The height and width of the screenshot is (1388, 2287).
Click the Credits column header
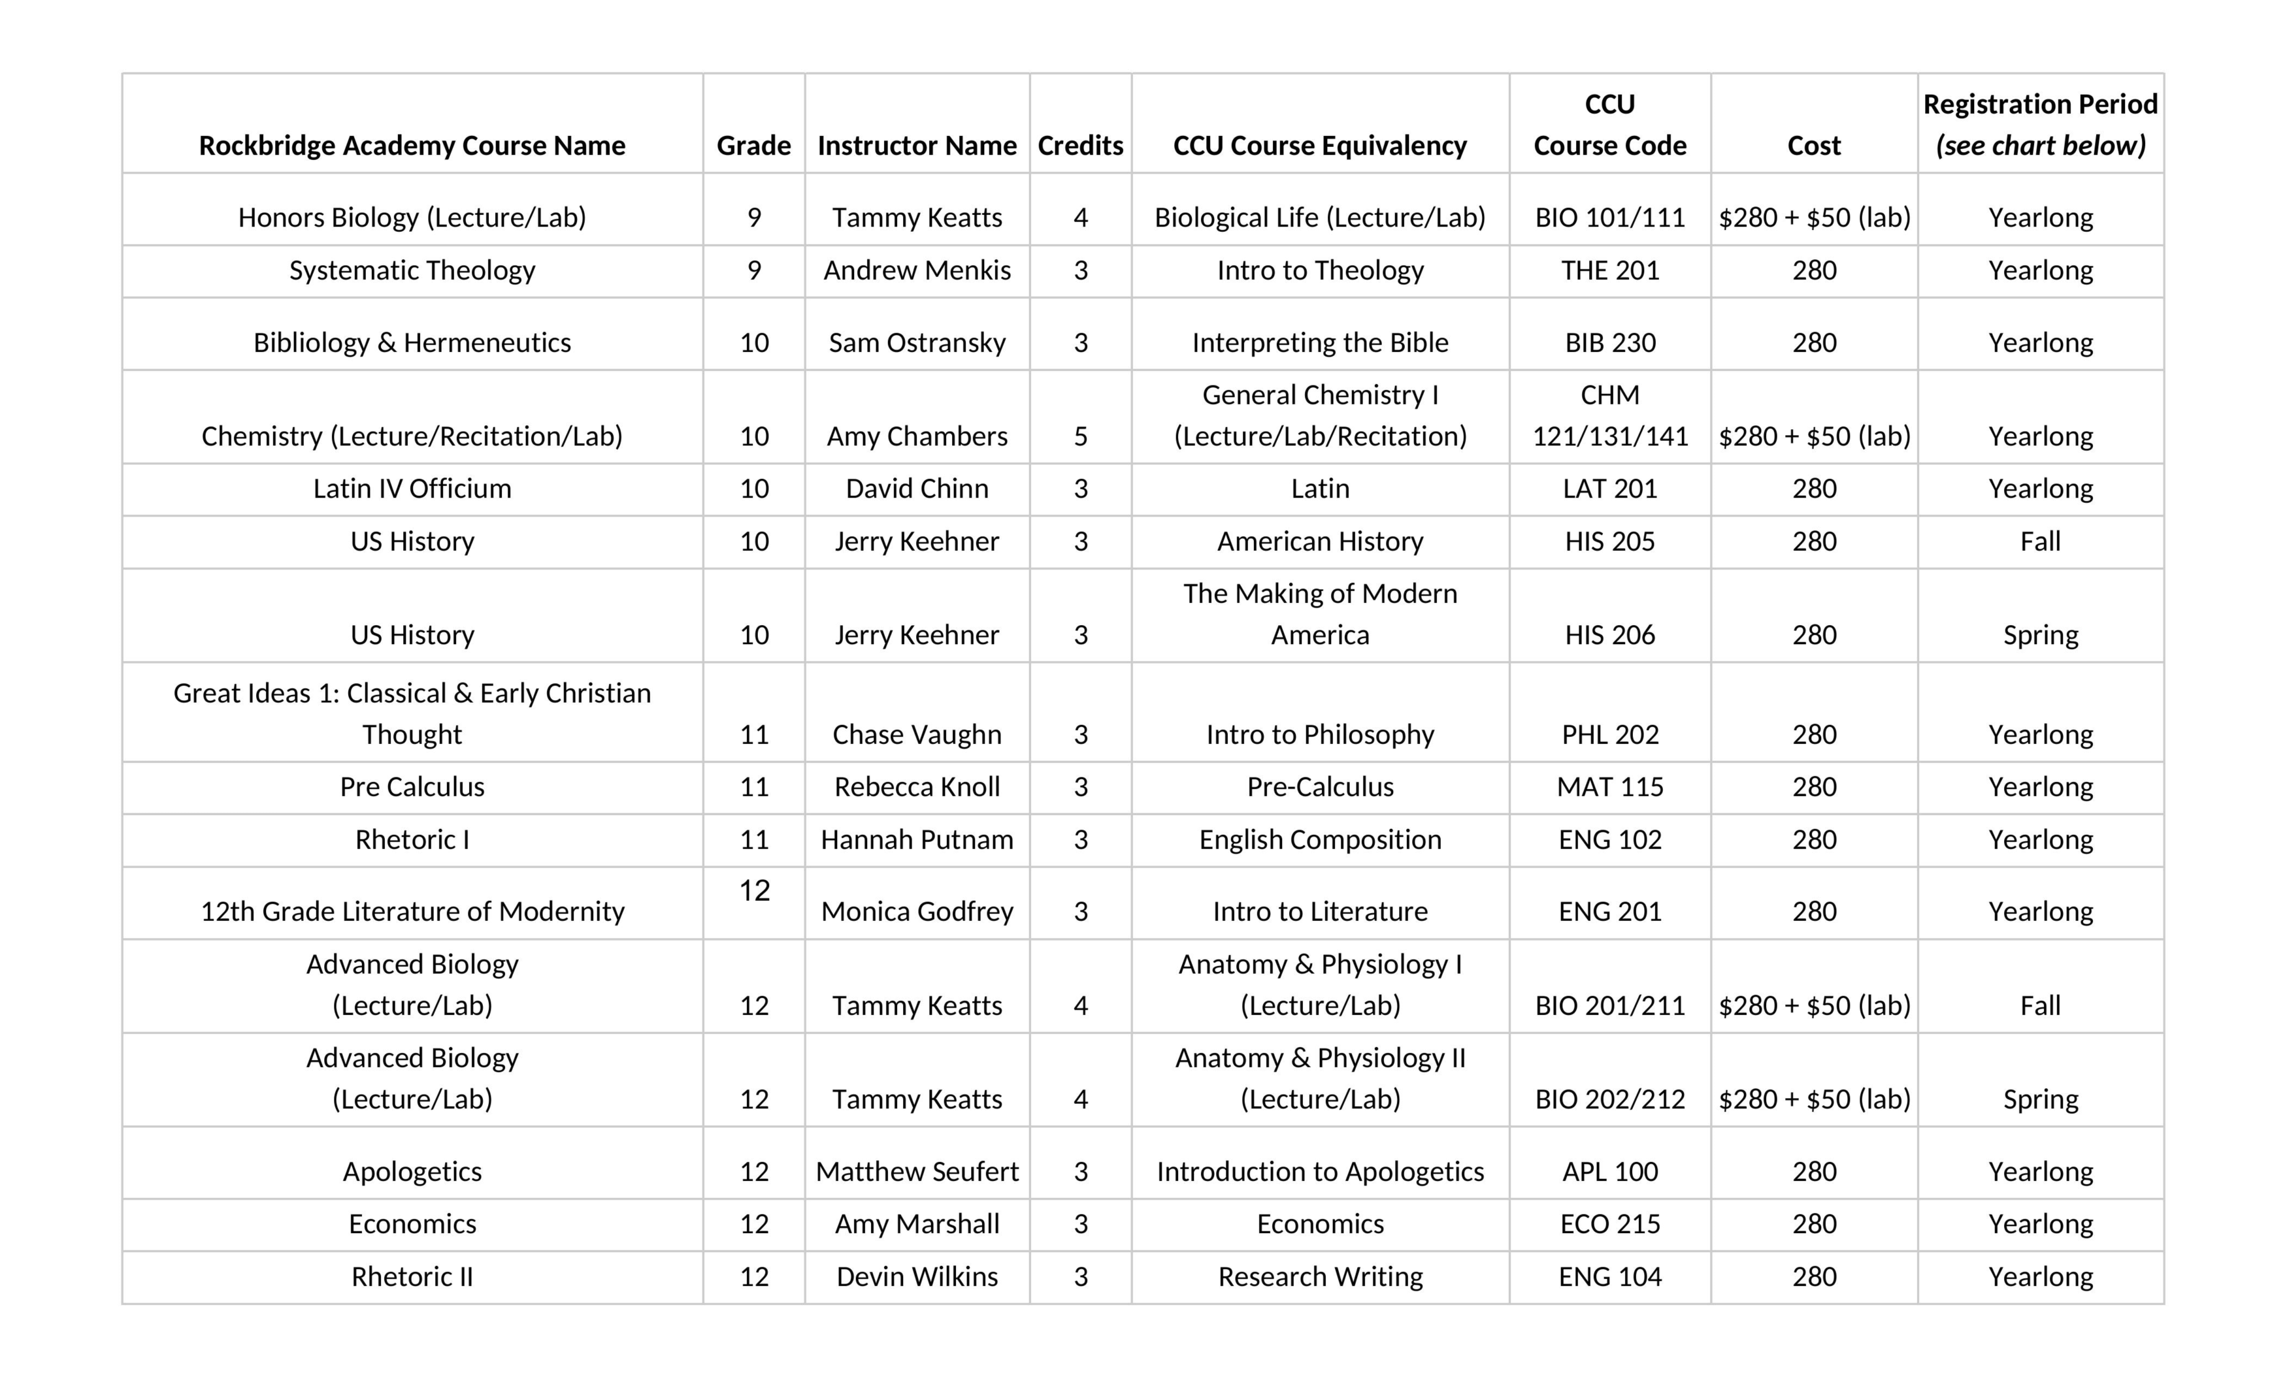(x=1080, y=146)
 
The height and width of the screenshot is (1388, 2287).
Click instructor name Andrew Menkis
(x=917, y=270)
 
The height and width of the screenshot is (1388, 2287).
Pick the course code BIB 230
(x=1609, y=342)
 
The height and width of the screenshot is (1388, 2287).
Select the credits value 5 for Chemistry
(x=1080, y=436)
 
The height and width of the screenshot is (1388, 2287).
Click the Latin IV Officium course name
(x=412, y=489)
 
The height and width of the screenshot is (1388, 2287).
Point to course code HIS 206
(x=1609, y=635)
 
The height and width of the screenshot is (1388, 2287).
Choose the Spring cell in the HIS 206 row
(x=2040, y=635)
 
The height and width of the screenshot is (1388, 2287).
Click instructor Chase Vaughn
(x=917, y=734)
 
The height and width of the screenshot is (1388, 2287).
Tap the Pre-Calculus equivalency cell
(x=1320, y=787)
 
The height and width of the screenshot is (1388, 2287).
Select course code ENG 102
(x=1609, y=840)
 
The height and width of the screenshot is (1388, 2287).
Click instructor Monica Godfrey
(x=917, y=911)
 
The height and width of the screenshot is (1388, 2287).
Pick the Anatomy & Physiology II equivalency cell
(x=1320, y=1078)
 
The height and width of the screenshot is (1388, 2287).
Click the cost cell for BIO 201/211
(x=1814, y=1006)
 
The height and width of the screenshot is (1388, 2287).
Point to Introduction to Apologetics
(x=1320, y=1172)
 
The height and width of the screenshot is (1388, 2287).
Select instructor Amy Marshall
(x=917, y=1224)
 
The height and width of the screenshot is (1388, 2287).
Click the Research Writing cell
(x=1320, y=1277)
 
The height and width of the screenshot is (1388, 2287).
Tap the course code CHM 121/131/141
(x=1609, y=415)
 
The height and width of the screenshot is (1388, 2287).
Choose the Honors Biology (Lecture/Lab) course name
(x=412, y=217)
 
